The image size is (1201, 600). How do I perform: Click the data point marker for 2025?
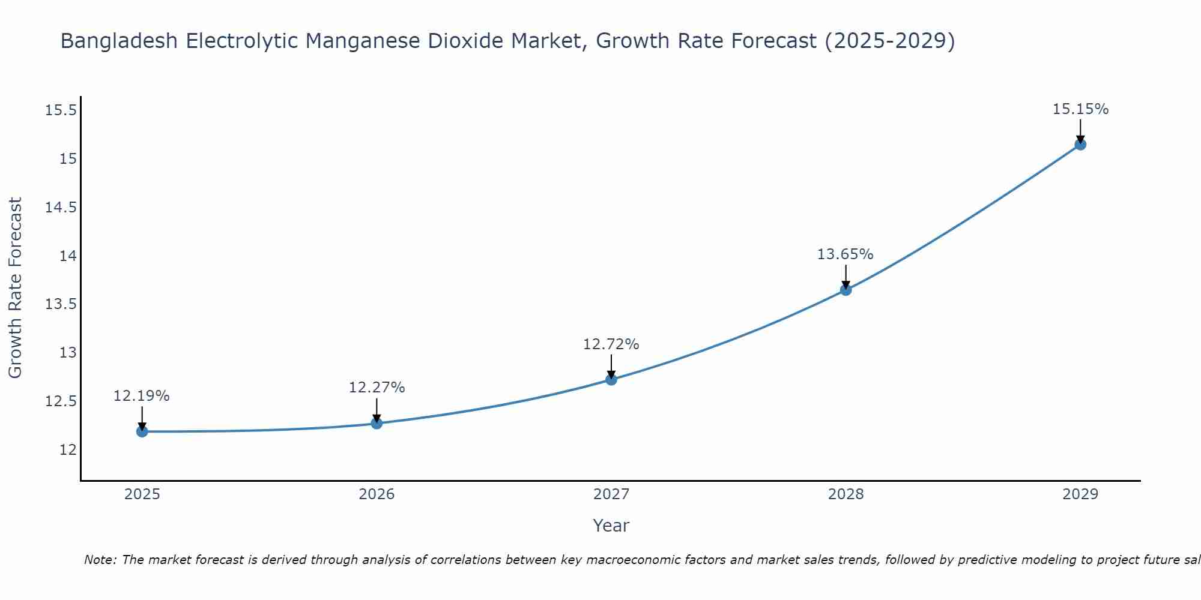click(x=142, y=431)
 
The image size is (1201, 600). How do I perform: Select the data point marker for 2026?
click(x=377, y=424)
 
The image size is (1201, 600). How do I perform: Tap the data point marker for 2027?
click(x=611, y=379)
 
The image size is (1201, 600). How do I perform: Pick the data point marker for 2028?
click(x=846, y=290)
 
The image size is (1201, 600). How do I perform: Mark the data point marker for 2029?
click(x=1080, y=144)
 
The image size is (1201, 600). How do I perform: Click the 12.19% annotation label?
click(x=142, y=396)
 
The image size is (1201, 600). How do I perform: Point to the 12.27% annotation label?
click(x=377, y=388)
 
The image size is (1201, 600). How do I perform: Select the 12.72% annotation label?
click(x=611, y=344)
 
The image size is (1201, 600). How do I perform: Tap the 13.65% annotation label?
click(x=846, y=254)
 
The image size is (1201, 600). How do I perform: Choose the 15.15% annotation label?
click(x=1080, y=109)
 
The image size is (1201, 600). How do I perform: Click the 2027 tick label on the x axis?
click(x=611, y=494)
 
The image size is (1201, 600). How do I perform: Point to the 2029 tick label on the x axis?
click(x=1080, y=494)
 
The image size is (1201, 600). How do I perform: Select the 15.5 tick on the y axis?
click(x=61, y=110)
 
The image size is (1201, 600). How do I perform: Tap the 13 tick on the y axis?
click(x=68, y=352)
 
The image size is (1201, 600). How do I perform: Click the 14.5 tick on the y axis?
click(x=61, y=208)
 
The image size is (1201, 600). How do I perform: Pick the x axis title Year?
click(x=611, y=526)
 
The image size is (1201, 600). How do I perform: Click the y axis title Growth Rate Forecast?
click(x=15, y=287)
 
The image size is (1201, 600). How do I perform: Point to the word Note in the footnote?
click(x=100, y=560)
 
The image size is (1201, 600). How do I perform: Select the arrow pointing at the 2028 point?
click(x=846, y=277)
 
